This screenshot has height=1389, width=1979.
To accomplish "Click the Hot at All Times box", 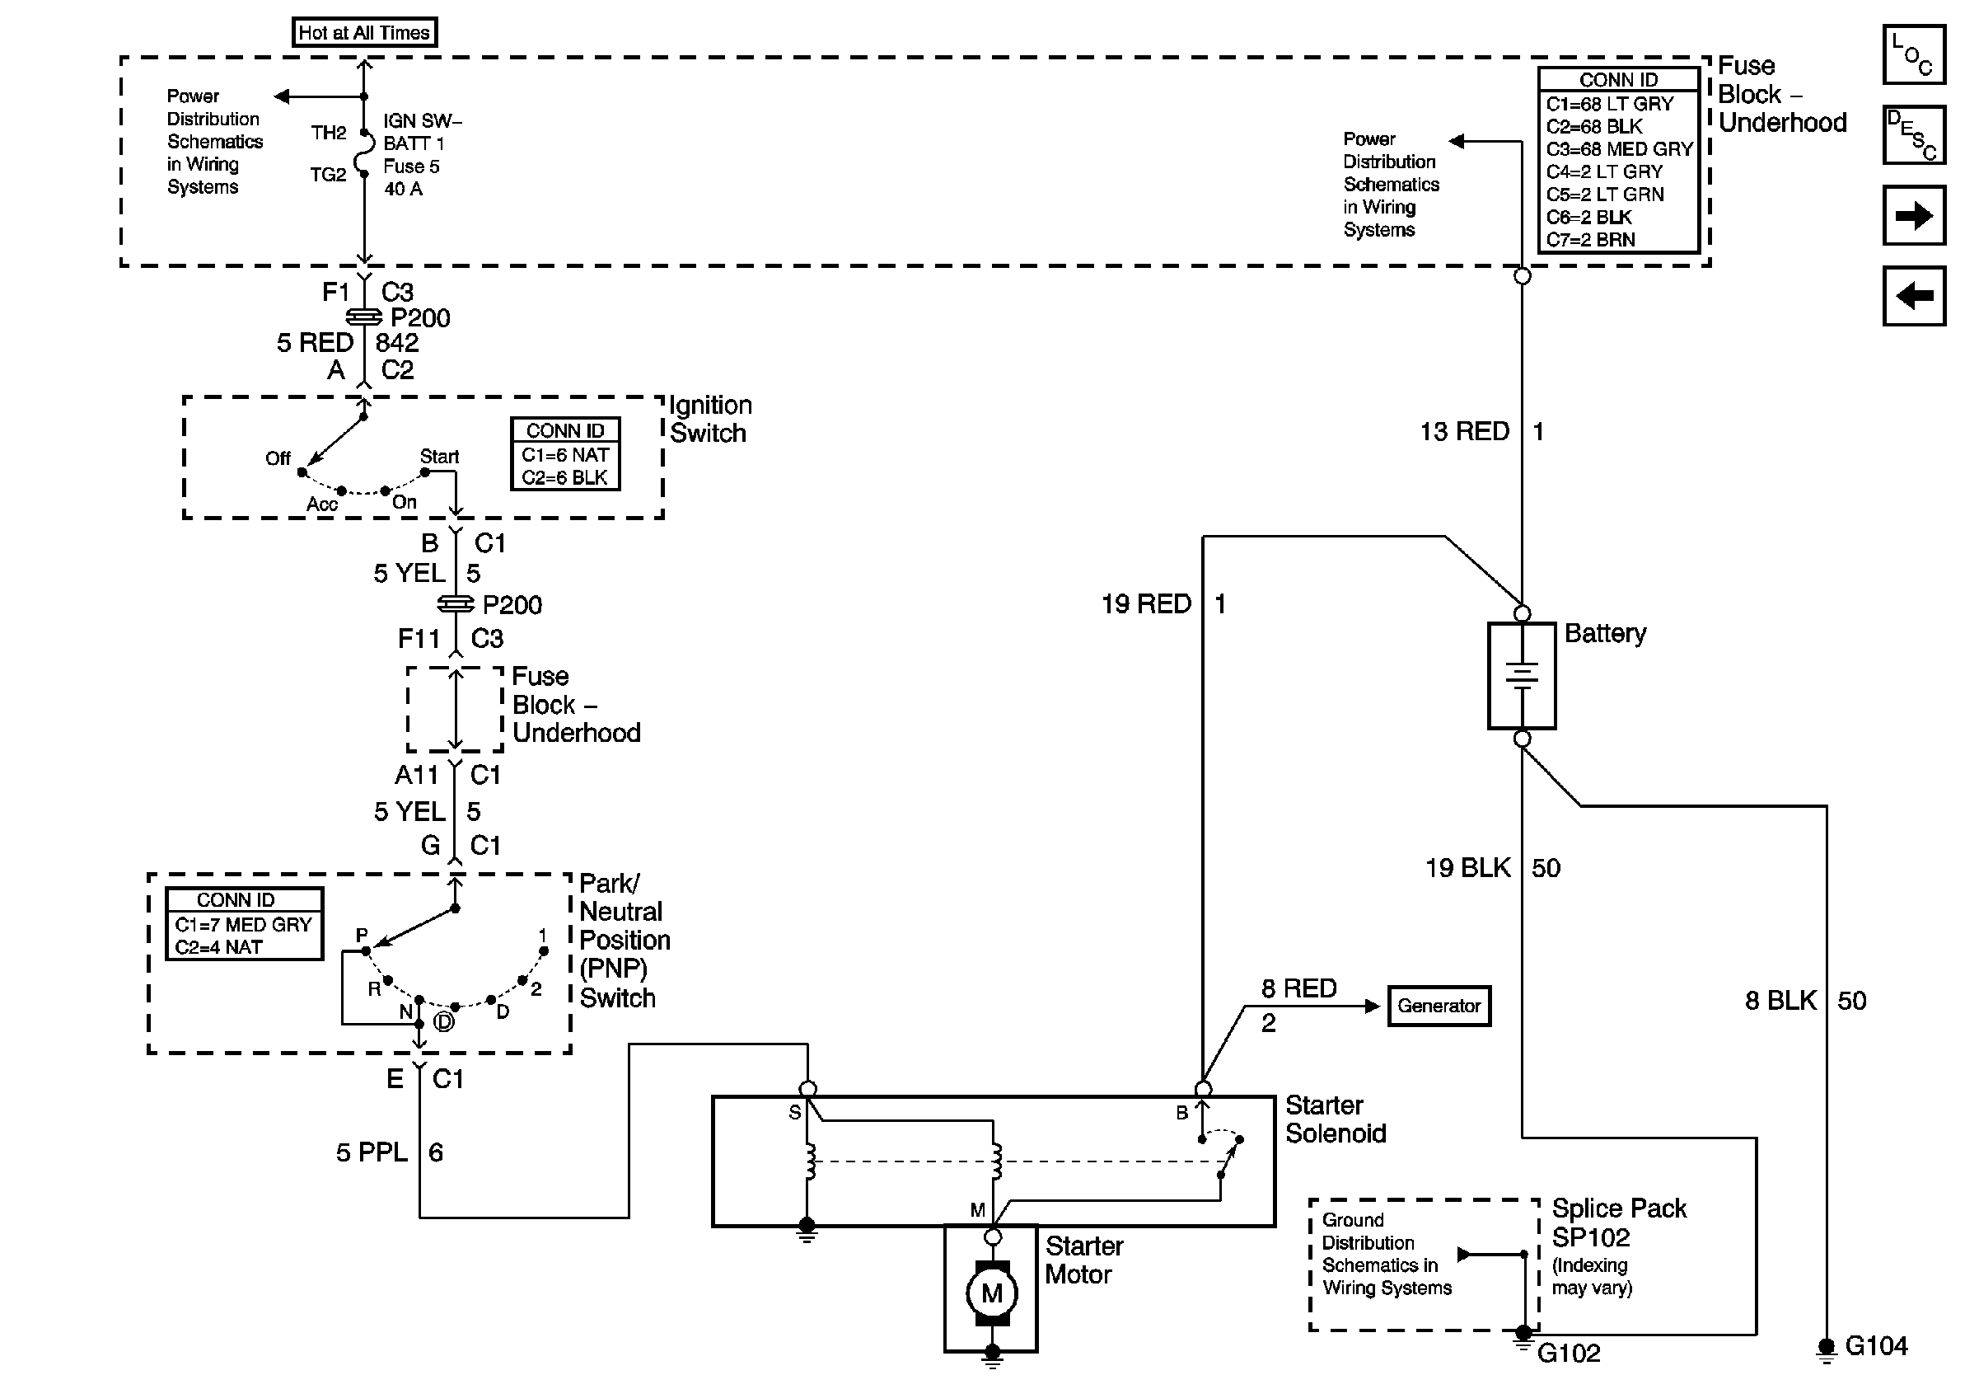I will [x=363, y=33].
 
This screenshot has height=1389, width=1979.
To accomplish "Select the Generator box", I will [x=1438, y=1006].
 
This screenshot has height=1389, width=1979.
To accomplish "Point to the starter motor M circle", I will [x=991, y=1293].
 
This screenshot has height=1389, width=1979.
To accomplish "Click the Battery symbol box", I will [x=1521, y=675].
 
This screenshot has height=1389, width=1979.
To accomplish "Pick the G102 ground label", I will [x=1568, y=1354].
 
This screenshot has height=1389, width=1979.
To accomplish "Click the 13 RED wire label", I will [x=1464, y=431].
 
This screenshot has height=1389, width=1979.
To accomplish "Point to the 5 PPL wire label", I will [x=372, y=1152].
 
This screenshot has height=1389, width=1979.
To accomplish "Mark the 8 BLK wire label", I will [x=1780, y=1000].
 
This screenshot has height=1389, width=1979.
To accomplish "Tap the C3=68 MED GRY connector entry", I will [x=1619, y=149].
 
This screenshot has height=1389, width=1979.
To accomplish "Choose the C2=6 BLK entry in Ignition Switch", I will [x=564, y=477].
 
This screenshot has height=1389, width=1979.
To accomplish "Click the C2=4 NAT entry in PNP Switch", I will [x=218, y=946].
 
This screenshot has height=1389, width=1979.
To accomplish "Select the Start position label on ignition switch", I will [x=438, y=456].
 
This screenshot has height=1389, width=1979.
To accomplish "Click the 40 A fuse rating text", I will [x=403, y=189].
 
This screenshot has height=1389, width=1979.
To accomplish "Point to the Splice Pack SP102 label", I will [x=1618, y=1222].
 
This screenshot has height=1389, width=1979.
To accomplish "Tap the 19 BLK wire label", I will [x=1467, y=867].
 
